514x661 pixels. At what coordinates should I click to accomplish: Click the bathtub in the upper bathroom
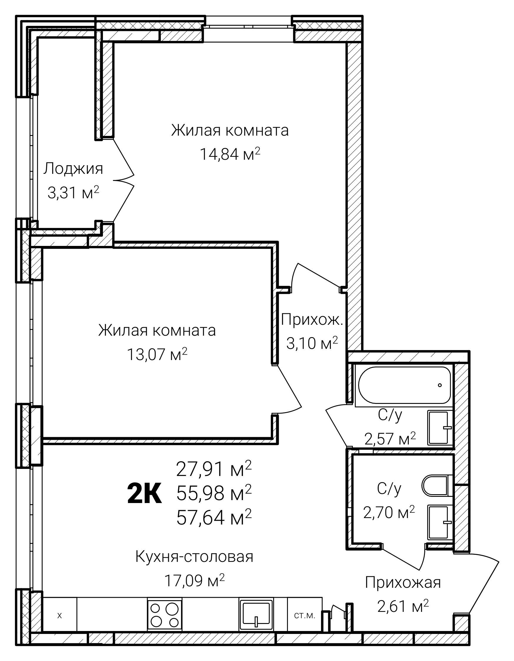pos(404,385)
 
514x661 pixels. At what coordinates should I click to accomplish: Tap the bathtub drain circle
pos(440,385)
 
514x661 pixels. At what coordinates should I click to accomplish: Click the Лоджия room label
pos(73,169)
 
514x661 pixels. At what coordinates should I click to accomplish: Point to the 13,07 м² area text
pos(157,354)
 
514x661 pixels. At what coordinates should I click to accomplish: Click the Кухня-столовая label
pos(194,556)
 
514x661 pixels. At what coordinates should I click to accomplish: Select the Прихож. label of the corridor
pos(312,319)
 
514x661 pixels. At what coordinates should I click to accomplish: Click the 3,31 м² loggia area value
pos(74,192)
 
